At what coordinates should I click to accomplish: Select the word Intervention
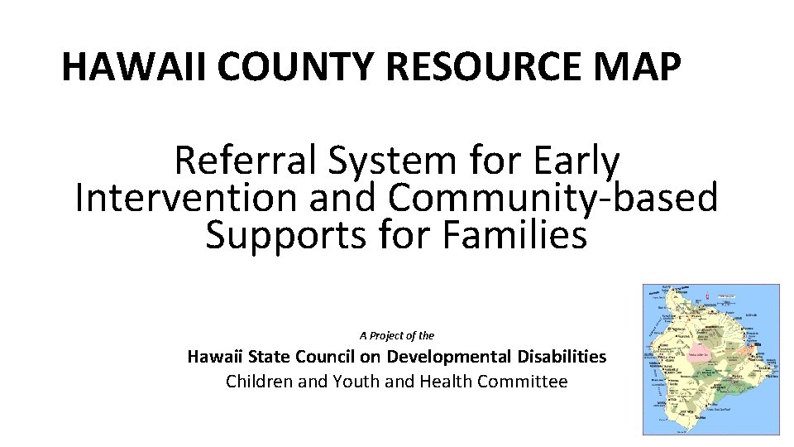(184, 198)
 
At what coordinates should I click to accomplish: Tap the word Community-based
(552, 198)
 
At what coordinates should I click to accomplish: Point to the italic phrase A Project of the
(396, 335)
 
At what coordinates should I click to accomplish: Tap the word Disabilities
(562, 357)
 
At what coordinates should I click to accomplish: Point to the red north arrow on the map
(708, 293)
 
